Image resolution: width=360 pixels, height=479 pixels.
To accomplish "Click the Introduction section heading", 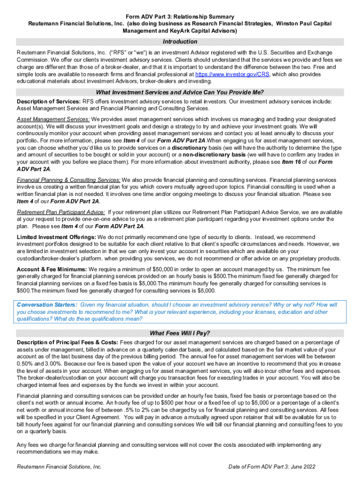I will click(x=180, y=42).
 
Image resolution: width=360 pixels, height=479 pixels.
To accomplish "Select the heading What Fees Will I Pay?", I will click(x=180, y=333).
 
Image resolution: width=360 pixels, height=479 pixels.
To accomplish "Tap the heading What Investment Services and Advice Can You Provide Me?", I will click(x=180, y=92).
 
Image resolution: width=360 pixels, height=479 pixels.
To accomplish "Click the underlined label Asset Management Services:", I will click(x=54, y=119).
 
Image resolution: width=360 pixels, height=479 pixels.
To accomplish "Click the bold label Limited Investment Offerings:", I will click(x=57, y=237).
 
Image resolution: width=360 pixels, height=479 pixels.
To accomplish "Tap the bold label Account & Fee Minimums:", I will click(x=52, y=269).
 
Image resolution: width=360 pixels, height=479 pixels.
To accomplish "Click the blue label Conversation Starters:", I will click(x=47, y=305).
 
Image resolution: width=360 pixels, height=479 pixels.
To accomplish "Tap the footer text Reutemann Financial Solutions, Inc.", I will click(x=59, y=467).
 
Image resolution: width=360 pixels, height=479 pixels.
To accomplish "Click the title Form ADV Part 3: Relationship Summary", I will click(x=180, y=16).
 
